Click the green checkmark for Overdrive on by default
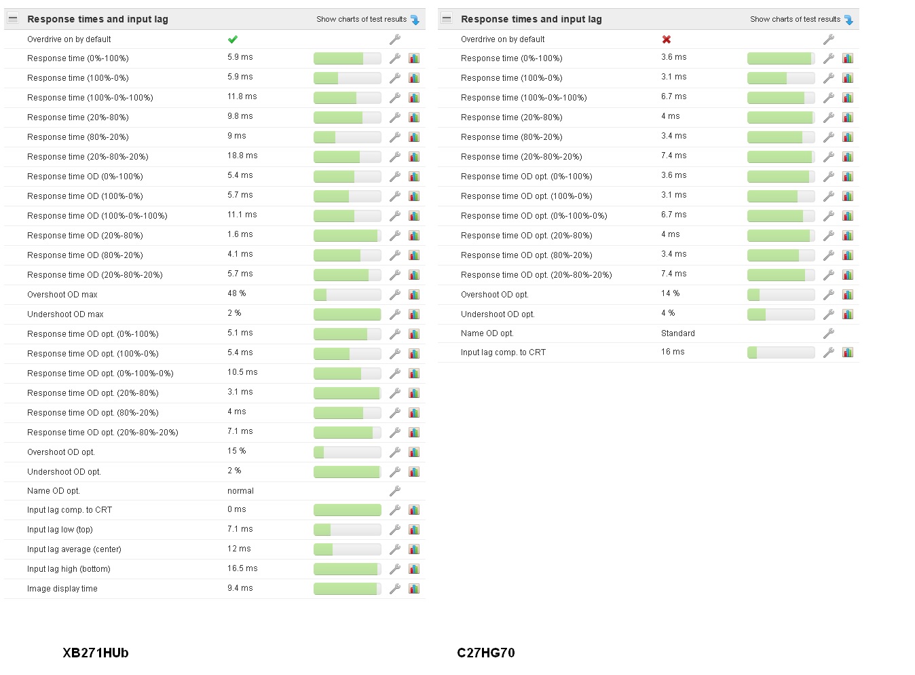coord(233,39)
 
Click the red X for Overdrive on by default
coord(667,39)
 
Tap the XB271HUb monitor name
coord(96,653)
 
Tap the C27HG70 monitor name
coord(486,653)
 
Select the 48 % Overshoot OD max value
coord(236,293)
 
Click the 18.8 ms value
coord(242,156)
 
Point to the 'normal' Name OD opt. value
coord(240,491)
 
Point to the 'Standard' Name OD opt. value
coord(677,333)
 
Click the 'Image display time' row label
coord(62,589)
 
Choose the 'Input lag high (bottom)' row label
coord(69,569)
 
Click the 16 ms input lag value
coord(673,352)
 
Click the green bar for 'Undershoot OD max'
coord(347,314)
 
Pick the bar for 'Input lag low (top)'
coord(347,530)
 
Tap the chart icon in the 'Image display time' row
coord(414,589)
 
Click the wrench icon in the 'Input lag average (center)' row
coord(394,549)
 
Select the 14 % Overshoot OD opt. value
coord(670,293)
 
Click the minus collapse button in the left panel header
coord(13,18)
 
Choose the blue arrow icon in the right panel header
coord(848,20)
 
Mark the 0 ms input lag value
coord(236,509)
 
